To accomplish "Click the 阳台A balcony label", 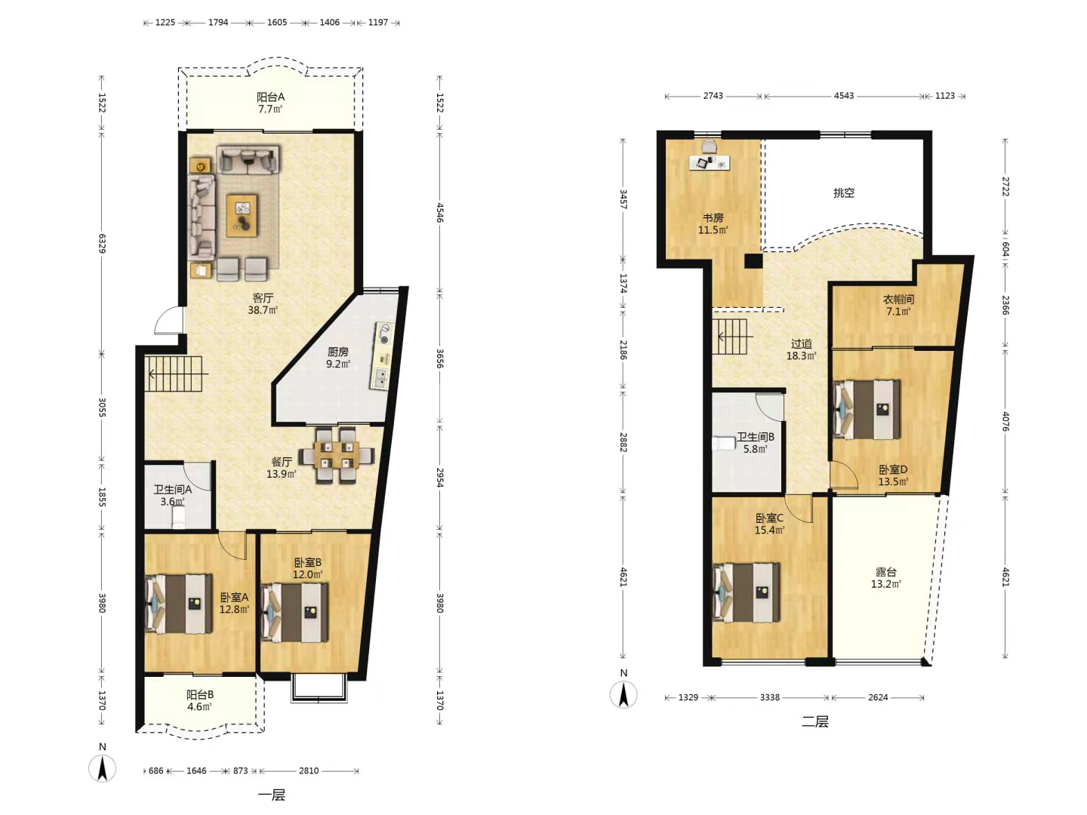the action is click(270, 97).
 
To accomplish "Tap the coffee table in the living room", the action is click(242, 215).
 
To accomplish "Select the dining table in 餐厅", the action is click(336, 455).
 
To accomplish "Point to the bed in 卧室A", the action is click(178, 604).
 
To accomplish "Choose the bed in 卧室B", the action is click(294, 613).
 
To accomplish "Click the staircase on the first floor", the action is click(174, 374).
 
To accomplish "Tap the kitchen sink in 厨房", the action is click(380, 379).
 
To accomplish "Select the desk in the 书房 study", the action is click(709, 161).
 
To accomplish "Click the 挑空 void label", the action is click(844, 192).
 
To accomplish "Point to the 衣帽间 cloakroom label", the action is click(898, 300).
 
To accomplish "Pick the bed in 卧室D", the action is click(867, 409).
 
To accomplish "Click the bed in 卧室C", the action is click(746, 592).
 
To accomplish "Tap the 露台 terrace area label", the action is click(886, 572).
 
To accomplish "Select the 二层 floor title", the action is click(815, 721).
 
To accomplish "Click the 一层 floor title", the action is click(272, 795).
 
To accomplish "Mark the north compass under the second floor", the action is click(624, 694).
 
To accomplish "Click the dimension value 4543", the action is click(844, 96).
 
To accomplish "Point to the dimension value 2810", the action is click(309, 770).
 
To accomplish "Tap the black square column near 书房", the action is click(753, 261).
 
